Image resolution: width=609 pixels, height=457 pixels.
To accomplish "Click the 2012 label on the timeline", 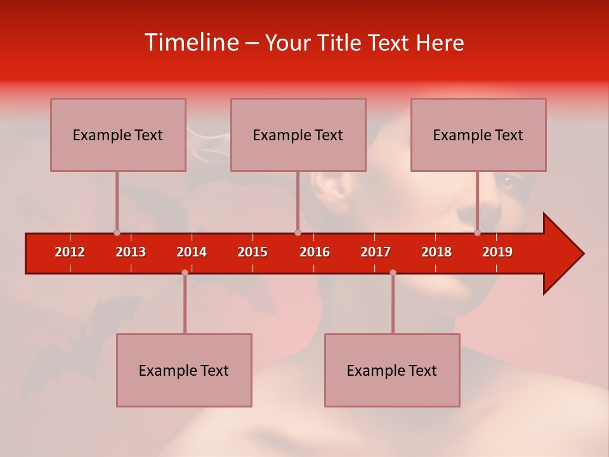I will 70,252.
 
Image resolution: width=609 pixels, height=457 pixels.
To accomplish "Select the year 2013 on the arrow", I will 131,252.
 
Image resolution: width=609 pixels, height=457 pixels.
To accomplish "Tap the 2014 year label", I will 192,252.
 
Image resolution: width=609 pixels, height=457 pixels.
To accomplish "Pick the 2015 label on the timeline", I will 252,252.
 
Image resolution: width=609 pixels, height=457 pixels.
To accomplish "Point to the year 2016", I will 315,252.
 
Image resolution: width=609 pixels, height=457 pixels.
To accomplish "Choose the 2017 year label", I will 376,252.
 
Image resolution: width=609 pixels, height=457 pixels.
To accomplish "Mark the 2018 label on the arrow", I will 436,252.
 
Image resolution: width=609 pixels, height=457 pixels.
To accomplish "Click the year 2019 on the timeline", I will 497,252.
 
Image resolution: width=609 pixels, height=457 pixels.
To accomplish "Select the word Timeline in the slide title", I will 192,43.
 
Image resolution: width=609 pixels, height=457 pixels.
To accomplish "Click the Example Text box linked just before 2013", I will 118,135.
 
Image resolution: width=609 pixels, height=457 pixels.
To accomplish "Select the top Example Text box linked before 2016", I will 298,135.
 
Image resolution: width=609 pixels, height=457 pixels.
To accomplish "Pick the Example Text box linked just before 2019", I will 478,135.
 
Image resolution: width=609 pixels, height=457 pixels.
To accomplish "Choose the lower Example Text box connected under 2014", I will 184,370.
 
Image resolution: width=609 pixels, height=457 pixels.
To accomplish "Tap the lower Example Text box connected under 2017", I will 392,370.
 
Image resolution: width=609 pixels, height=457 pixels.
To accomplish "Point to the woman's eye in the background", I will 507,183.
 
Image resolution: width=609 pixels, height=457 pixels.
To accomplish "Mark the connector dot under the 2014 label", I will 185,272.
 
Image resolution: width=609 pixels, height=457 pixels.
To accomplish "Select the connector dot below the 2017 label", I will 393,272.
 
